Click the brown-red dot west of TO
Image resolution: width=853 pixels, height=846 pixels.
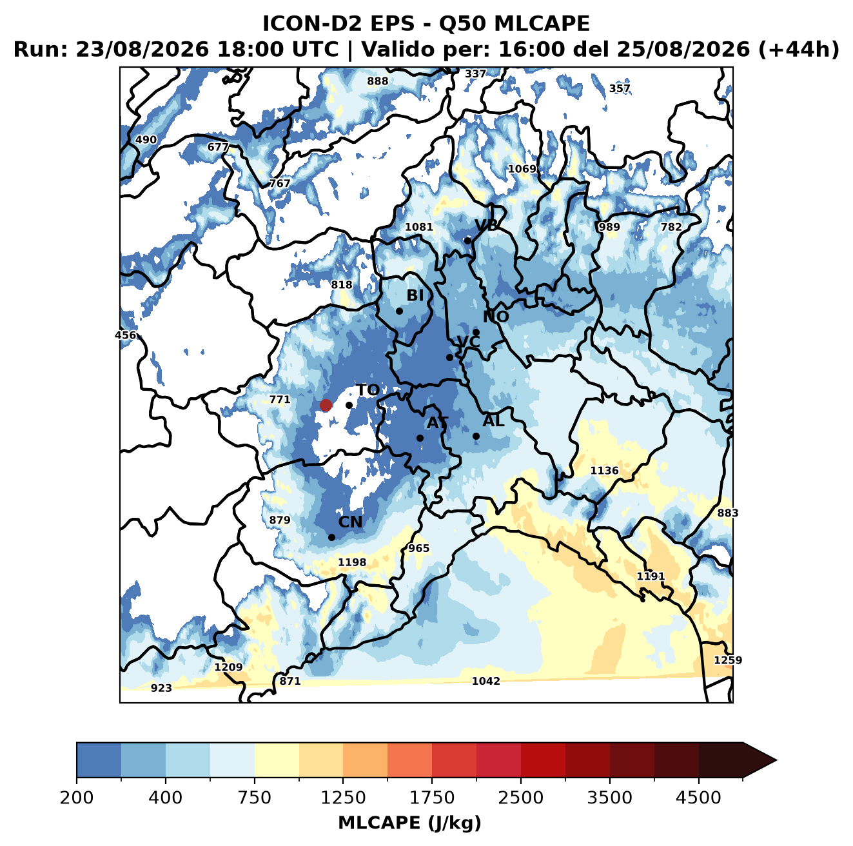click(x=326, y=405)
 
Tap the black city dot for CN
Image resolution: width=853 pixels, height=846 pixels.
click(x=331, y=537)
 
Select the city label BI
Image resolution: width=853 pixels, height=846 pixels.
click(x=415, y=295)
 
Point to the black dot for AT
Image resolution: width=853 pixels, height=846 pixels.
click(x=420, y=438)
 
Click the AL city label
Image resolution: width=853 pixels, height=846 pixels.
click(x=493, y=420)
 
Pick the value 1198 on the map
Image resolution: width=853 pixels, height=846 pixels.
click(x=352, y=562)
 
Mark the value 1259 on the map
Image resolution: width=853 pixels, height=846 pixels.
click(x=728, y=660)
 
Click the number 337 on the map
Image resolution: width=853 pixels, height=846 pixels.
click(x=475, y=74)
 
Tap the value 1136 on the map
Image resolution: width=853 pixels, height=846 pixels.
click(x=604, y=470)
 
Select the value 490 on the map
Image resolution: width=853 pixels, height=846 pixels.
click(x=146, y=140)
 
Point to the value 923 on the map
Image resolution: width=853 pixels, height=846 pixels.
click(x=161, y=688)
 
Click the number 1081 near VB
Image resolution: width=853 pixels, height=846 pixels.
click(x=418, y=227)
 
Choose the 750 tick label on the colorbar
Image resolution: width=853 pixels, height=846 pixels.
click(x=254, y=798)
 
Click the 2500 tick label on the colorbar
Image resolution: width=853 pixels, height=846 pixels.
click(x=520, y=798)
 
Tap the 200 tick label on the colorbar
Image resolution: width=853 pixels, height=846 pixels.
click(x=77, y=798)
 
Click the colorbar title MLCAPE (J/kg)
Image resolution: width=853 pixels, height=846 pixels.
click(x=409, y=823)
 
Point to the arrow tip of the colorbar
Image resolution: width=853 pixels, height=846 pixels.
click(x=776, y=761)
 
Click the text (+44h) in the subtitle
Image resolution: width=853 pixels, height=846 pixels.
click(x=799, y=49)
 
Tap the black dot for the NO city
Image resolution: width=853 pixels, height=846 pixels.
click(x=476, y=332)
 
